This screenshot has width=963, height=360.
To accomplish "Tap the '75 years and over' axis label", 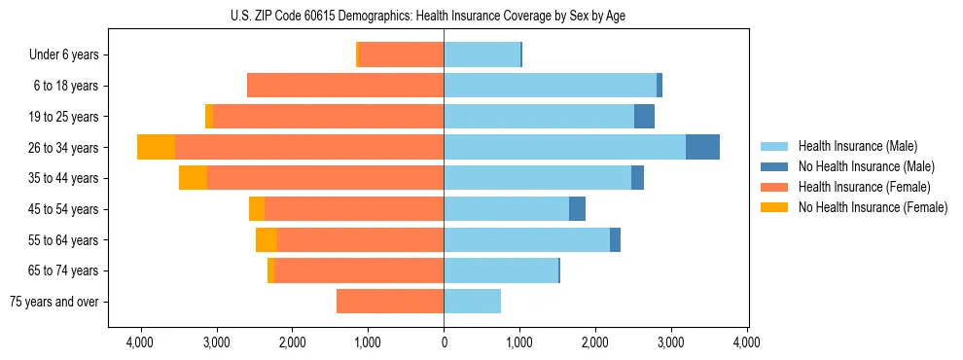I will (x=54, y=302).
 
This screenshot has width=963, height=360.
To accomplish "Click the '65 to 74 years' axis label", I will (x=59, y=270).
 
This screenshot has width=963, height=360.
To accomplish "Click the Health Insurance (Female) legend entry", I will (x=857, y=187).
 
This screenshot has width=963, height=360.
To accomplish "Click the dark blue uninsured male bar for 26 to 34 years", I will (x=702, y=147).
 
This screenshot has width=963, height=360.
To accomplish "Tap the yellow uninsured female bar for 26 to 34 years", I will (x=156, y=147).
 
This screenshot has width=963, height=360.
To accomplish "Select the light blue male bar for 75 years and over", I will (x=472, y=302).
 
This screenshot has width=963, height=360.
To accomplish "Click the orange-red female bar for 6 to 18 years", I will (x=345, y=86).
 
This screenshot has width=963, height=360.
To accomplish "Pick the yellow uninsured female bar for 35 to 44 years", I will (x=193, y=178).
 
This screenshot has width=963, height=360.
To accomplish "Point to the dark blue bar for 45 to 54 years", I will (x=577, y=208).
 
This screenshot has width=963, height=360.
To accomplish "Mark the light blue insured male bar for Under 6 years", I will (x=481, y=54).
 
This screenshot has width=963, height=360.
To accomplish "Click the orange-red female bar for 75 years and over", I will (x=390, y=302).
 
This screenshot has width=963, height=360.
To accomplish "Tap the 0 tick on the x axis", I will (x=444, y=342).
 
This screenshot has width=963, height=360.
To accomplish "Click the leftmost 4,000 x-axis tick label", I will (x=140, y=342).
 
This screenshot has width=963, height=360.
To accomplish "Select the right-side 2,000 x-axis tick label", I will (x=595, y=342).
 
